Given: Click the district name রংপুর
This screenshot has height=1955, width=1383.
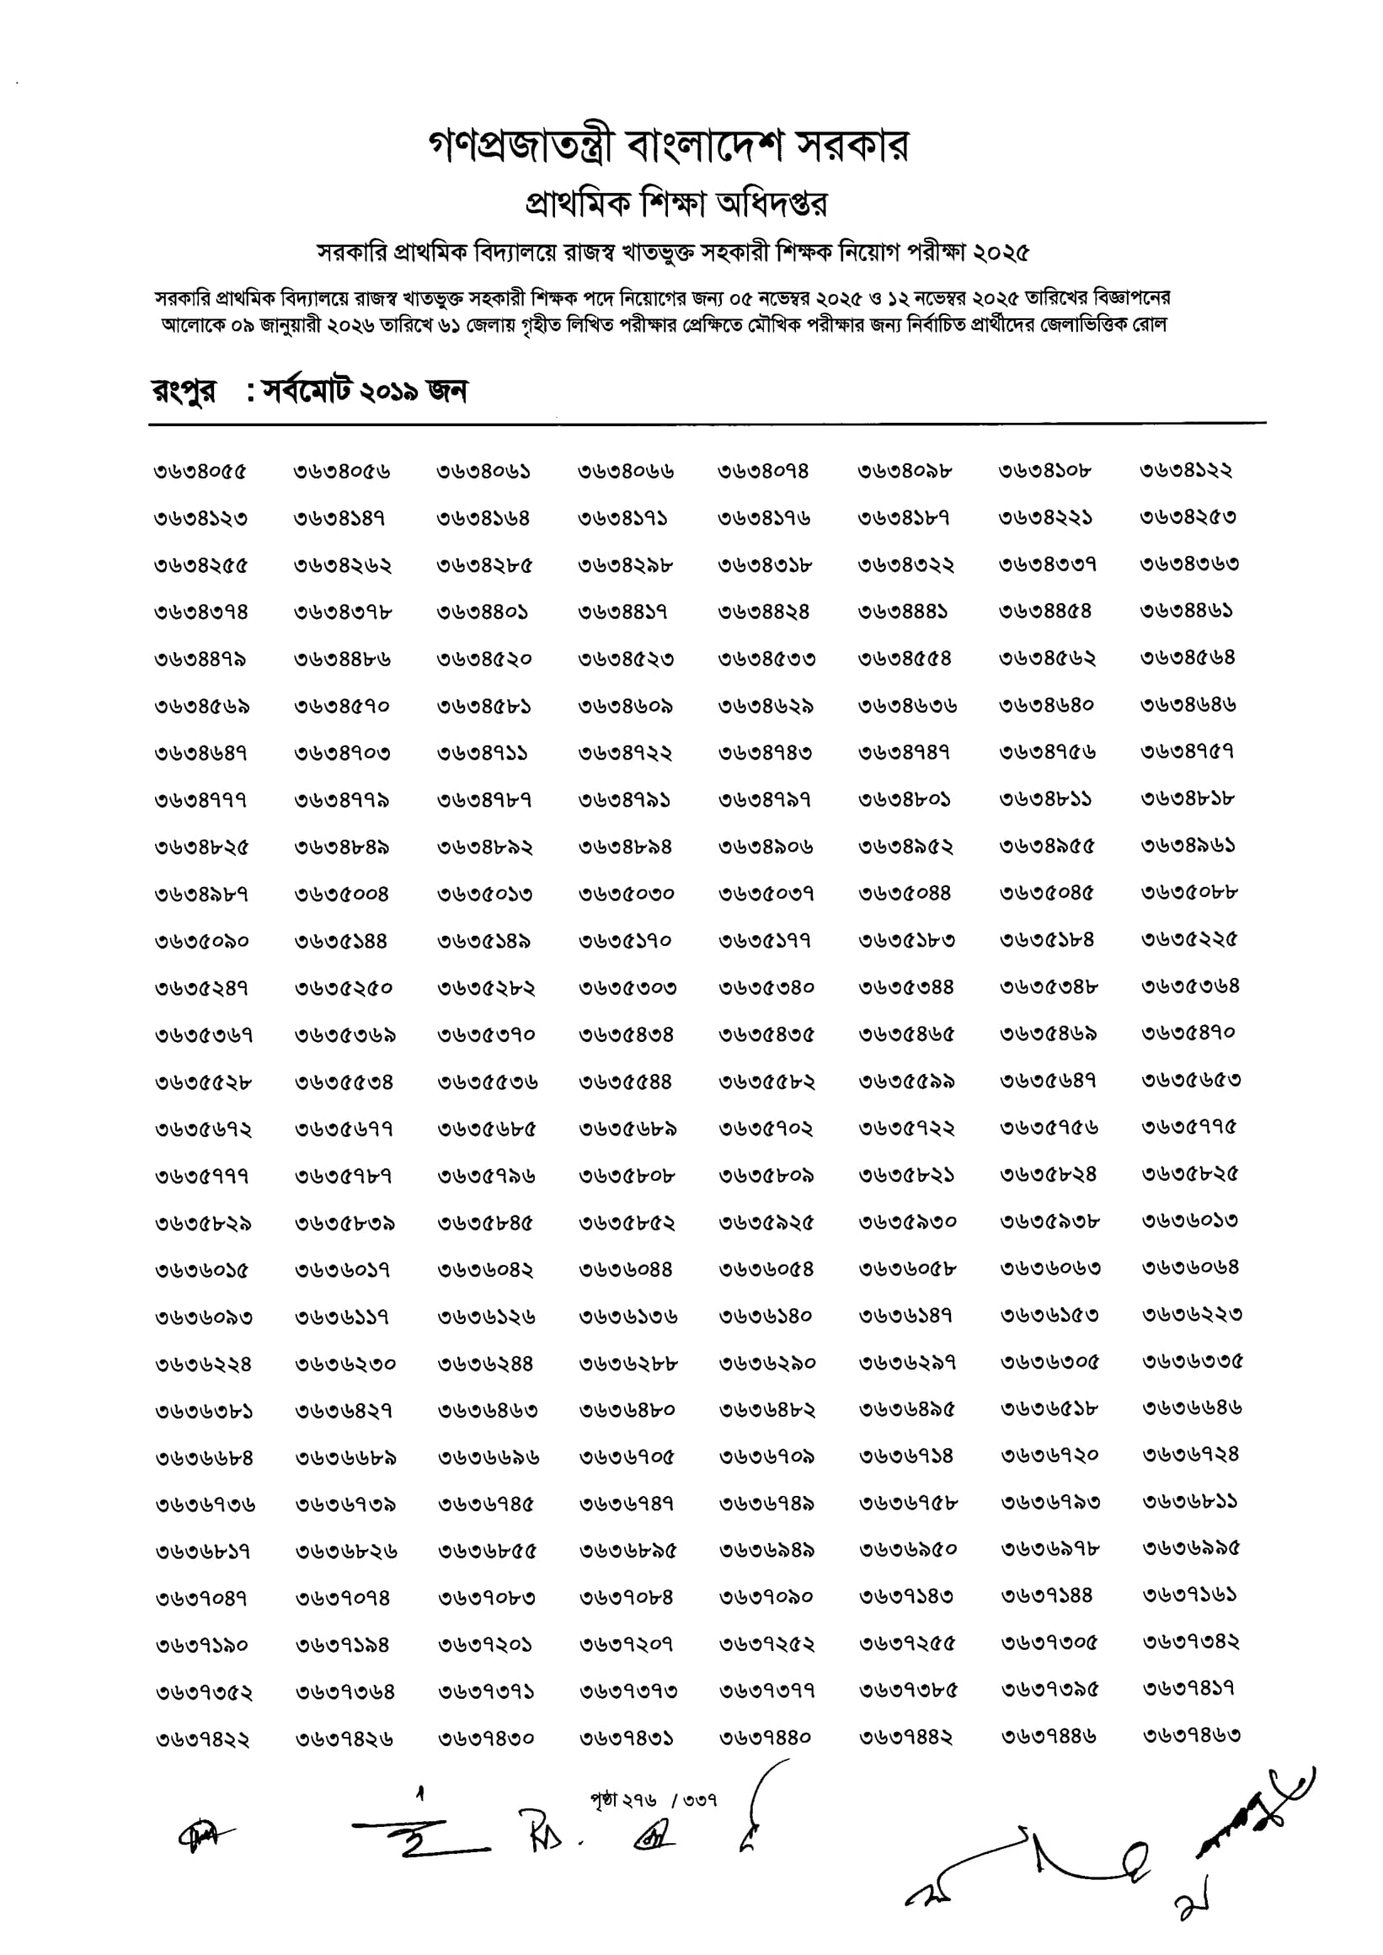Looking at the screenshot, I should (184, 393).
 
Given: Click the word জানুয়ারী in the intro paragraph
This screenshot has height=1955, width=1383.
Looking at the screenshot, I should (291, 325).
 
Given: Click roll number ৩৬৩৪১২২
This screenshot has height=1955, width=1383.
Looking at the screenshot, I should (1186, 470).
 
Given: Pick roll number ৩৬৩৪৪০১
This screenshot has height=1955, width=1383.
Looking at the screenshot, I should (483, 612).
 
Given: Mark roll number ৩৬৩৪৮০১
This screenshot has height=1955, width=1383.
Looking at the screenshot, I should (905, 800).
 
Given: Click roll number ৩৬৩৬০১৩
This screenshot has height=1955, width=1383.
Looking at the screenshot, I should (1190, 1221).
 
